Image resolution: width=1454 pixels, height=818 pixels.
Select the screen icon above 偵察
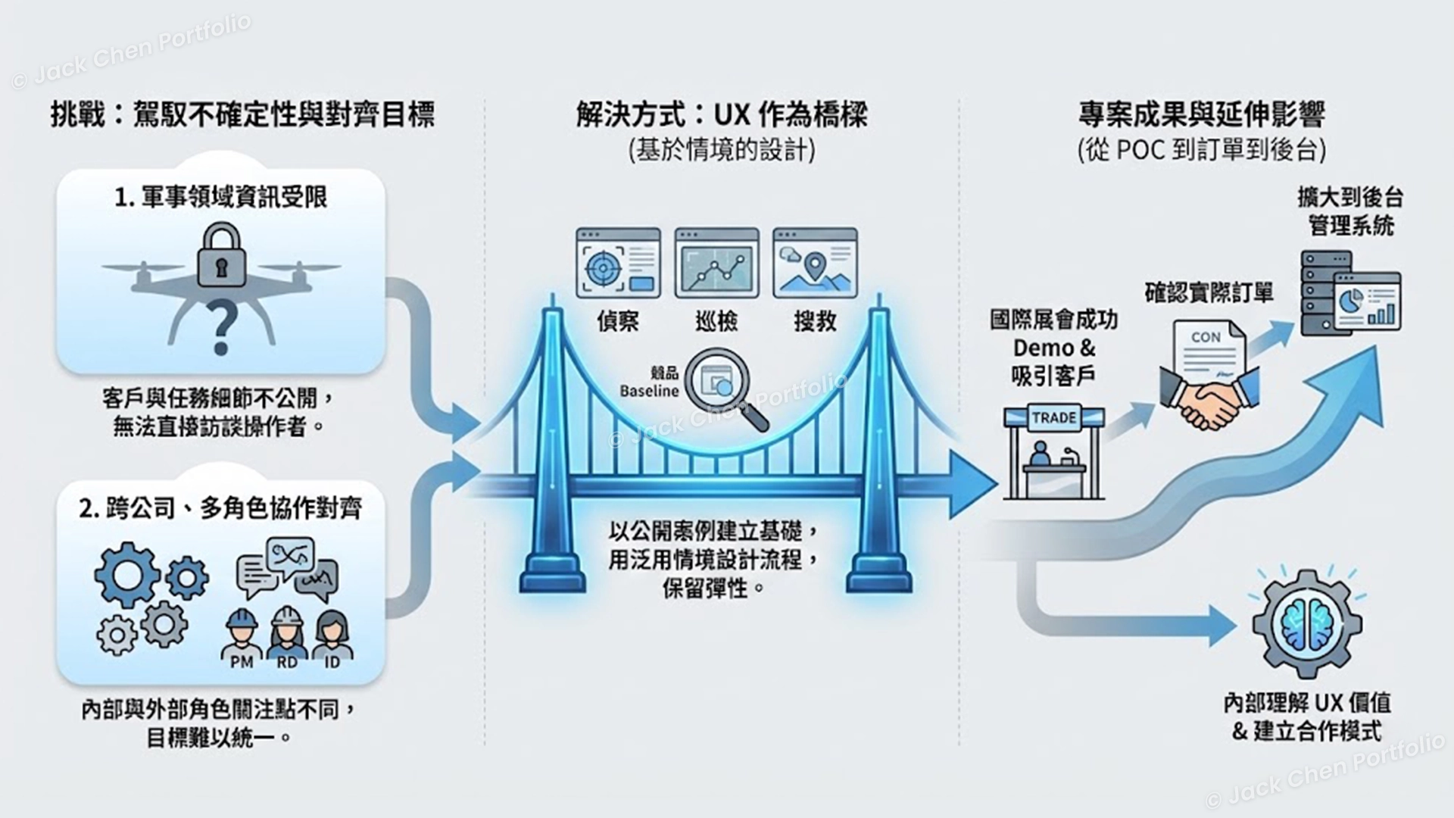(618, 262)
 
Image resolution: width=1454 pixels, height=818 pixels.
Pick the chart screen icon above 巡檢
(716, 262)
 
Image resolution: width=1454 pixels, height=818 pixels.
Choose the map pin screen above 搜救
(815, 262)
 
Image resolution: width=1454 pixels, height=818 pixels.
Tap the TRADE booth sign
(1053, 418)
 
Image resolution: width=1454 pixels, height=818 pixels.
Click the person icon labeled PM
(242, 635)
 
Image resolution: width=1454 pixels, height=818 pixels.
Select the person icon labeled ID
(332, 635)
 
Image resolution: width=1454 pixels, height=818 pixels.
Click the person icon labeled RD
(287, 635)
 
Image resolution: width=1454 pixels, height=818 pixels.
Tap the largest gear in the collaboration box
(126, 575)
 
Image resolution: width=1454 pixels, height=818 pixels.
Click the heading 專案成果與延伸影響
(1201, 116)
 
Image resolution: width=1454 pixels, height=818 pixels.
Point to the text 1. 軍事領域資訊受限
(220, 198)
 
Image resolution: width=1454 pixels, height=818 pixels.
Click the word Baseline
(649, 392)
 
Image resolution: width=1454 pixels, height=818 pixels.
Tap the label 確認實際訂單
(1209, 292)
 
